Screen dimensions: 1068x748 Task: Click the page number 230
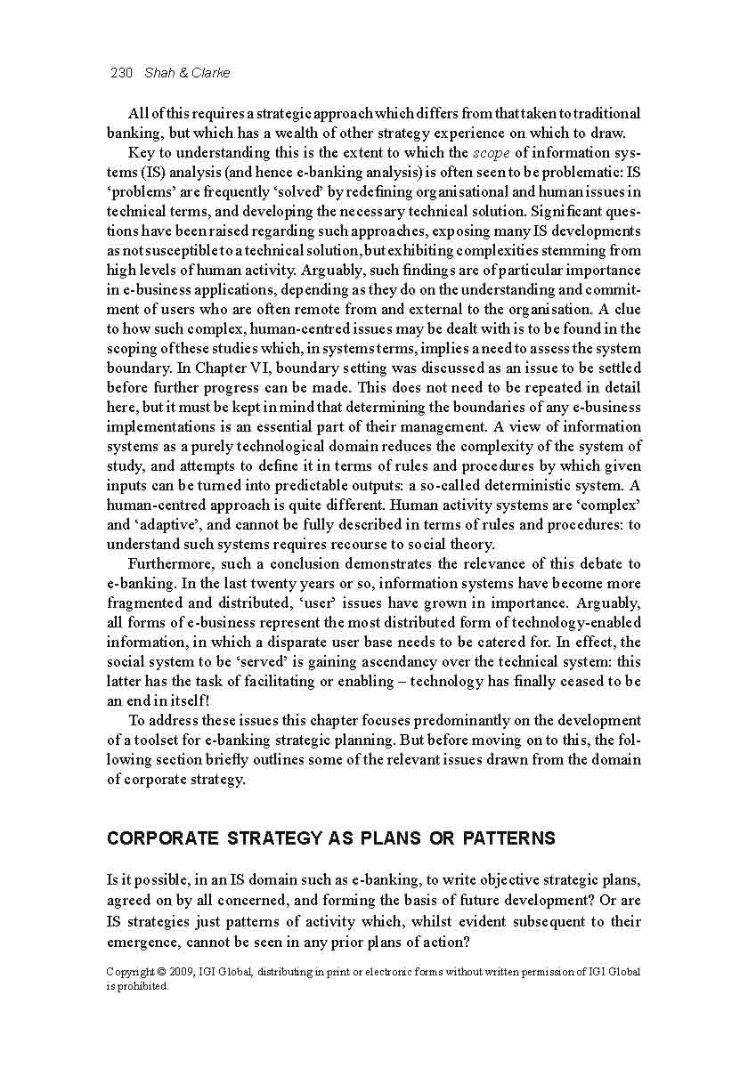pos(120,73)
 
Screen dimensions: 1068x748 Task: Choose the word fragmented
pos(146,603)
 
